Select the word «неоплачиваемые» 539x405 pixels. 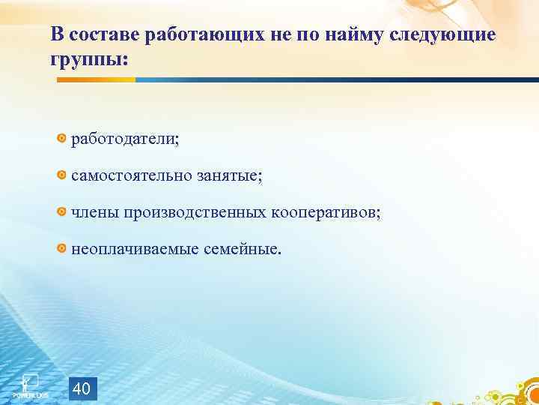click(x=134, y=248)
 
